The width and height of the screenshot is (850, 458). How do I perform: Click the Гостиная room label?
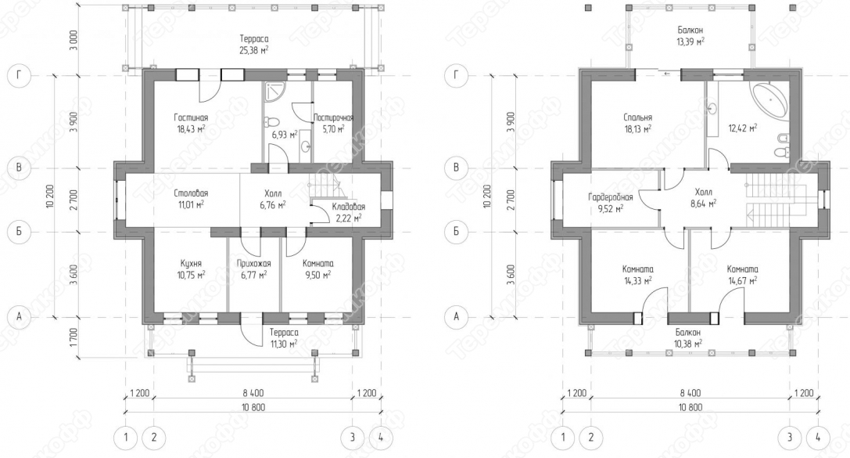click(191, 117)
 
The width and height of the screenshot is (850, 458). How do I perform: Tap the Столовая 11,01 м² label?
click(191, 199)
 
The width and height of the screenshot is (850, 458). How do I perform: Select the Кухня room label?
click(192, 263)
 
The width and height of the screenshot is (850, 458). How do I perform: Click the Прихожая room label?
click(253, 263)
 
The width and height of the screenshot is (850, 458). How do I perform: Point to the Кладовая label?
click(348, 207)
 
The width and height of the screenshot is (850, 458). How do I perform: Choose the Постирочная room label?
click(333, 117)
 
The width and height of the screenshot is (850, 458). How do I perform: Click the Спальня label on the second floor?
click(637, 117)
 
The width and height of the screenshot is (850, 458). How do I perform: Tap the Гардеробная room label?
click(611, 197)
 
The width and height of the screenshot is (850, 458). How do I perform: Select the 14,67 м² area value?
click(742, 280)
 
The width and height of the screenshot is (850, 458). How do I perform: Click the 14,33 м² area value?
click(637, 280)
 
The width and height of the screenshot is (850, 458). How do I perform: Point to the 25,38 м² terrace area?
click(253, 50)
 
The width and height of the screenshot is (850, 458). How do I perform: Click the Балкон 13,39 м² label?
click(690, 35)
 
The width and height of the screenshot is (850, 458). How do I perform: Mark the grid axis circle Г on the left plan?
click(19, 75)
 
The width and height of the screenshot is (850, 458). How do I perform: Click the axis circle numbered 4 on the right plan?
click(818, 438)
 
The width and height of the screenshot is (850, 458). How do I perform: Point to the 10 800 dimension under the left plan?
click(253, 408)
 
